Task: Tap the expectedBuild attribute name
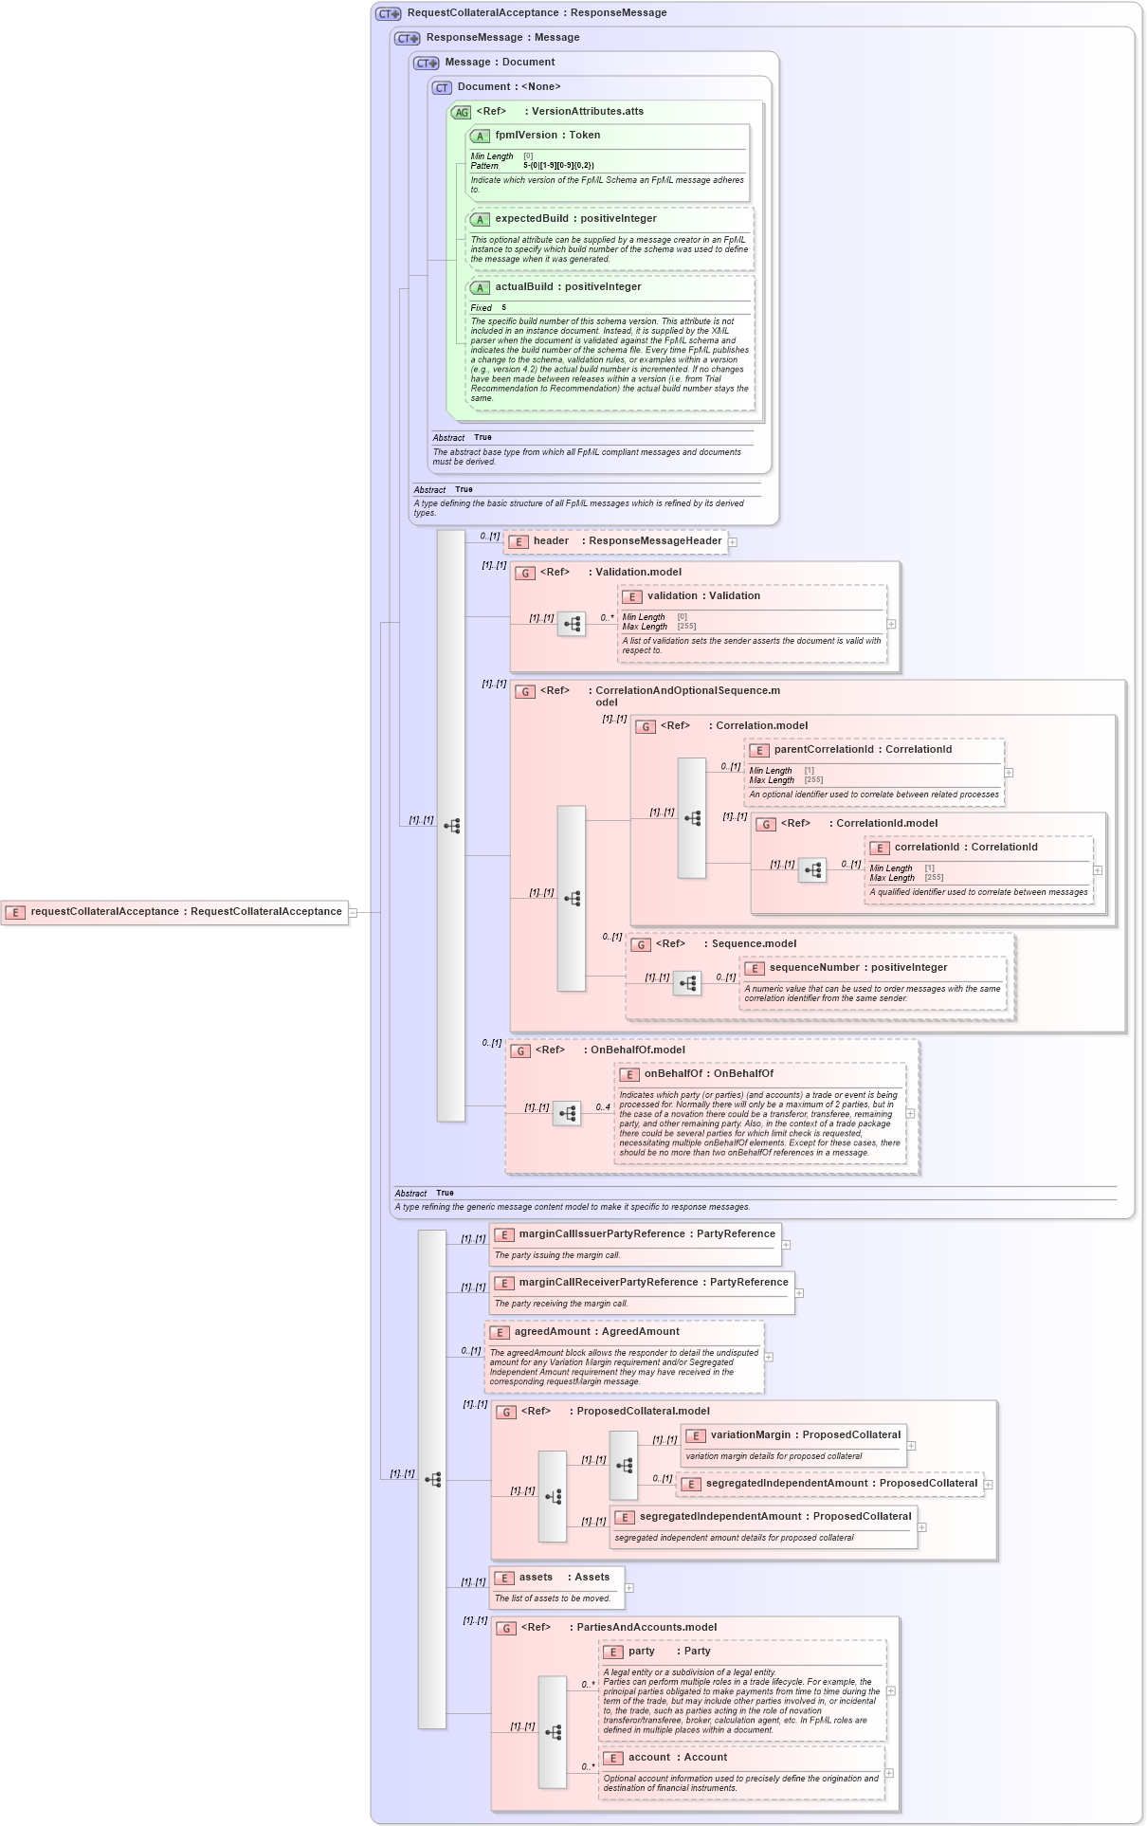575,219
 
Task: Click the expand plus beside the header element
733,542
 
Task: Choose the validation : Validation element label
703,596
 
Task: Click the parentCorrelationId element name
863,750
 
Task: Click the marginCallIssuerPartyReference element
646,1234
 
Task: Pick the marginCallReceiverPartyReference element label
653,1283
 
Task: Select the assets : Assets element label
563,1578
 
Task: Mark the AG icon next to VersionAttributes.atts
461,113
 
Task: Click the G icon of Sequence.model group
642,945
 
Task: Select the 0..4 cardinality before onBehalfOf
603,1107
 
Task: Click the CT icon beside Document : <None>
442,88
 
